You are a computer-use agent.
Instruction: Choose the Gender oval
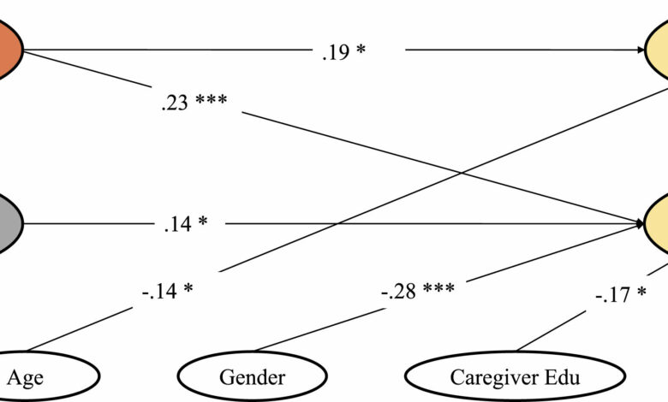[x=252, y=374]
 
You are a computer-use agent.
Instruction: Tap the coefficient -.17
[x=611, y=297]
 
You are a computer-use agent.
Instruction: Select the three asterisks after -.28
[x=437, y=289]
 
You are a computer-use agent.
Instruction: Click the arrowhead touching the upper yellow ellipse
[x=642, y=50]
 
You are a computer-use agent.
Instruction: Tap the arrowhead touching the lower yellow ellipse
[x=642, y=224]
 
